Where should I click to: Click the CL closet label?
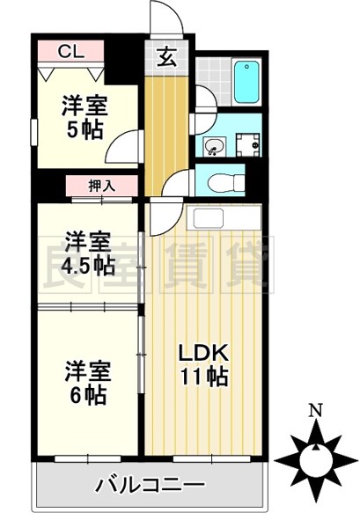(72, 51)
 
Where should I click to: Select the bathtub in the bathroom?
(246, 81)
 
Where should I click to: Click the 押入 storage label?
(102, 186)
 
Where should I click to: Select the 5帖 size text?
(84, 129)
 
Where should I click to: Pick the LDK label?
(204, 353)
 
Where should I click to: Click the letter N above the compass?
(314, 411)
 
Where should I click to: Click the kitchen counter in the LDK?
(224, 218)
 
